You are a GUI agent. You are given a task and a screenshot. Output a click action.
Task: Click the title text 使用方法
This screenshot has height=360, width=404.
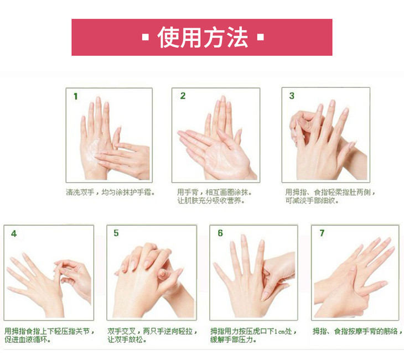click(x=203, y=38)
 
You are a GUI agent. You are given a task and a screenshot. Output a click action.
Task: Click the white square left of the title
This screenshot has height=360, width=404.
click(x=146, y=38)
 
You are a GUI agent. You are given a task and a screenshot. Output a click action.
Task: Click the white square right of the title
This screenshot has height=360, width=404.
click(x=261, y=38)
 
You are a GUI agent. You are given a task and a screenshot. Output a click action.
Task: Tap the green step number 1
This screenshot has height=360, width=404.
click(x=75, y=97)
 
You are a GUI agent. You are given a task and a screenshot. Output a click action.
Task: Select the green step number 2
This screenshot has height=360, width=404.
click(x=183, y=96)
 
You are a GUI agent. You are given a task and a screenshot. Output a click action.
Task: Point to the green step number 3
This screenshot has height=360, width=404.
click(x=292, y=96)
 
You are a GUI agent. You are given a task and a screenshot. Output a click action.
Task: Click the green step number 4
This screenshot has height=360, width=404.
click(x=14, y=234)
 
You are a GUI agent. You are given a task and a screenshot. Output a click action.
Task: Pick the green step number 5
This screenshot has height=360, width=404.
click(x=116, y=233)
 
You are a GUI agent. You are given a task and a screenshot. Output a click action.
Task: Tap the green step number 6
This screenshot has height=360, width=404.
click(x=220, y=233)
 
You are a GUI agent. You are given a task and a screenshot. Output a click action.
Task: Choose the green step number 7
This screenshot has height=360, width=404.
click(x=322, y=233)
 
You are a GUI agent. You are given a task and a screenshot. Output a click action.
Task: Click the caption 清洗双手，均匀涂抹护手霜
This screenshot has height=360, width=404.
click(x=110, y=192)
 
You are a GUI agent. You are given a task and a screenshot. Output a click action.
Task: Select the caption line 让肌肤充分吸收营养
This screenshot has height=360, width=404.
click(x=211, y=200)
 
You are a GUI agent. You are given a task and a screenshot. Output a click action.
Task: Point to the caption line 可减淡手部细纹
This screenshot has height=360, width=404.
click(x=312, y=200)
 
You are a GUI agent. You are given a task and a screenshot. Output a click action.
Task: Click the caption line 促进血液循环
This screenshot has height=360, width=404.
click(x=27, y=340)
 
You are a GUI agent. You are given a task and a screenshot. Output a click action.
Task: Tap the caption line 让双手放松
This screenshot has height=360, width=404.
click(x=127, y=340)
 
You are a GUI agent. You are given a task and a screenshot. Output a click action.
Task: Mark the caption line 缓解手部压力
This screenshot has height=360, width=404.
click(x=233, y=340)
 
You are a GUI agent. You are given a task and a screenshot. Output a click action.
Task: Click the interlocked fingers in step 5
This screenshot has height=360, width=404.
click(x=147, y=260)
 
